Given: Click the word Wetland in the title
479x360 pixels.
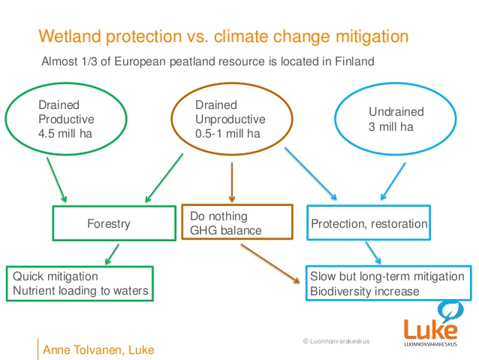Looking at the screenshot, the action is click(x=70, y=36).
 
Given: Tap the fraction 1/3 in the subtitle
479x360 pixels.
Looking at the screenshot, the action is click(x=89, y=62).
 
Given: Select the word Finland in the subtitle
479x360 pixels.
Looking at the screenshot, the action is click(x=354, y=61).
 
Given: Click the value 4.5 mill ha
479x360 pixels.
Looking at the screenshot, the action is click(x=65, y=134).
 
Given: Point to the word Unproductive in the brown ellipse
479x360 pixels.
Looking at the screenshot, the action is click(x=230, y=119).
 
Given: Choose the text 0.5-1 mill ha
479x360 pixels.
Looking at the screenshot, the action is click(x=227, y=134).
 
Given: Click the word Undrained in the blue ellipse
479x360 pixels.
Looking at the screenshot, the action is click(x=396, y=112).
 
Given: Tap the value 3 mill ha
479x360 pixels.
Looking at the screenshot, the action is click(x=390, y=126).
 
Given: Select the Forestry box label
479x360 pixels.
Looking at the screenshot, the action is click(x=109, y=223).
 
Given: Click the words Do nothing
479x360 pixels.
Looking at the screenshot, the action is click(x=218, y=216).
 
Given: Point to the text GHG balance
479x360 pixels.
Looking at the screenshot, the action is click(x=226, y=230).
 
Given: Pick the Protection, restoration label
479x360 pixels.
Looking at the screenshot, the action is click(x=369, y=223).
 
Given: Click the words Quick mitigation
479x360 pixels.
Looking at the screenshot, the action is click(x=56, y=276).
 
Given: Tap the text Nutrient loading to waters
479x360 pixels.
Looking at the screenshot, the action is click(x=80, y=291).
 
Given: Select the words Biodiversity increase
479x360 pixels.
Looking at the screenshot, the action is click(x=365, y=291).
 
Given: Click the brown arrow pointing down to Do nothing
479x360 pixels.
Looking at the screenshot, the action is click(x=232, y=182).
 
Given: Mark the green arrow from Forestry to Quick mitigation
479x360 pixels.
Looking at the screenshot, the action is click(x=112, y=254).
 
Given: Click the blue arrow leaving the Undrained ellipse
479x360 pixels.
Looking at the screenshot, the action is click(x=393, y=181).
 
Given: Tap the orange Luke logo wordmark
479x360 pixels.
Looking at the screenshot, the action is click(x=430, y=329).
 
